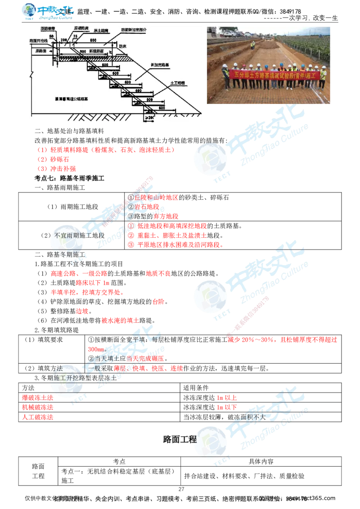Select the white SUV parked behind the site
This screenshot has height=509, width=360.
pos(228,34)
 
